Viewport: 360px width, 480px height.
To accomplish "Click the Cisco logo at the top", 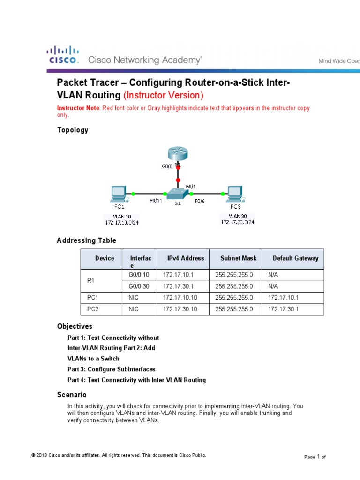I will pyautogui.click(x=61, y=55).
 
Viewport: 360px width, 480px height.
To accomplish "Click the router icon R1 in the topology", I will pyautogui.click(x=178, y=154).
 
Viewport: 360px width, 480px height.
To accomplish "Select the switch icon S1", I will pyautogui.click(x=178, y=193).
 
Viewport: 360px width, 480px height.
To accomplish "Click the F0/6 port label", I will pyautogui.click(x=199, y=201).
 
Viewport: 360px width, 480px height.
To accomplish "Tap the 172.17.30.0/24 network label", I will pyautogui.click(x=238, y=222).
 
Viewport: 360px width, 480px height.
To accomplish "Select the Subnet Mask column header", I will pyautogui.click(x=239, y=258).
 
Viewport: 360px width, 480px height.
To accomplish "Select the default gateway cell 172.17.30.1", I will pyautogui.click(x=284, y=309).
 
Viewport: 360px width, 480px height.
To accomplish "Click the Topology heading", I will pyautogui.click(x=73, y=130).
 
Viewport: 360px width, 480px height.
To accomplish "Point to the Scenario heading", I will pyautogui.click(x=72, y=395).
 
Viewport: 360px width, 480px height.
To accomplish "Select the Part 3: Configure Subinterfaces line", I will pyautogui.click(x=112, y=369).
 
